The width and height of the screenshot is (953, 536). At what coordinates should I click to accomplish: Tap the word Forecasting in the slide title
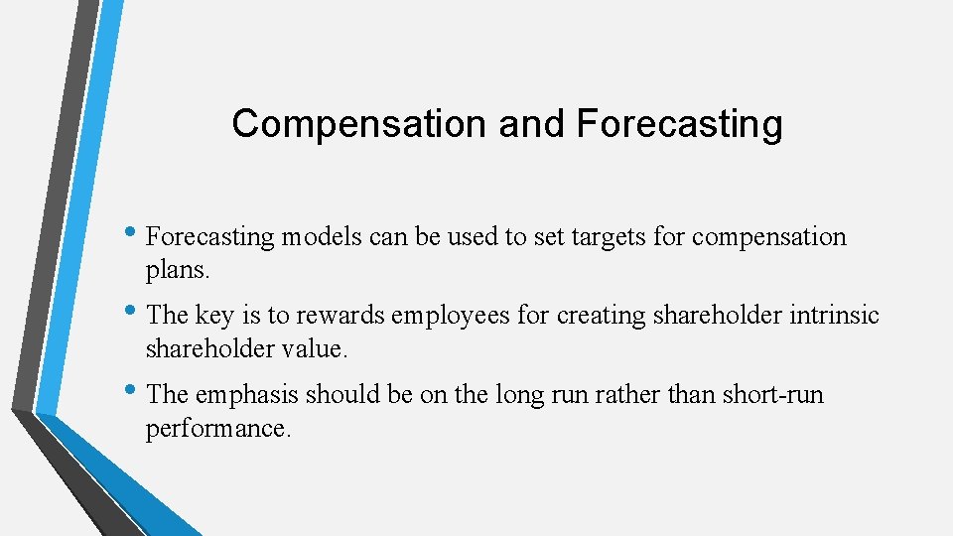679,124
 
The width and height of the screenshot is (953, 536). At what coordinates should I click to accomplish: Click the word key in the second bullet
213,316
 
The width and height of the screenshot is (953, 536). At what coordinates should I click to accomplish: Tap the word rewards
338,316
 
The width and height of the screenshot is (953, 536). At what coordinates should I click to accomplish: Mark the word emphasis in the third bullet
246,394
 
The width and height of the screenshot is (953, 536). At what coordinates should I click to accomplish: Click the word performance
218,429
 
